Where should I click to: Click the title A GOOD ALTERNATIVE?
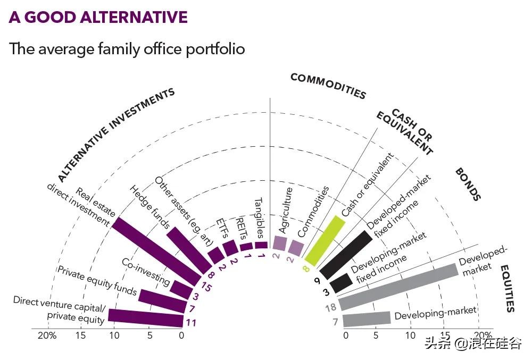coord(98,17)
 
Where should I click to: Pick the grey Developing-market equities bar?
coord(367,319)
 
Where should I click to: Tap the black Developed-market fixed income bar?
coord(345,255)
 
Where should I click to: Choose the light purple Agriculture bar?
coord(279,242)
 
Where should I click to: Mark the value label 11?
coord(190,322)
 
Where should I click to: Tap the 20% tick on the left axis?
coord(47,336)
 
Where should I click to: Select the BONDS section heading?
coord(468,185)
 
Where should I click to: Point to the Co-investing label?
coord(146,271)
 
